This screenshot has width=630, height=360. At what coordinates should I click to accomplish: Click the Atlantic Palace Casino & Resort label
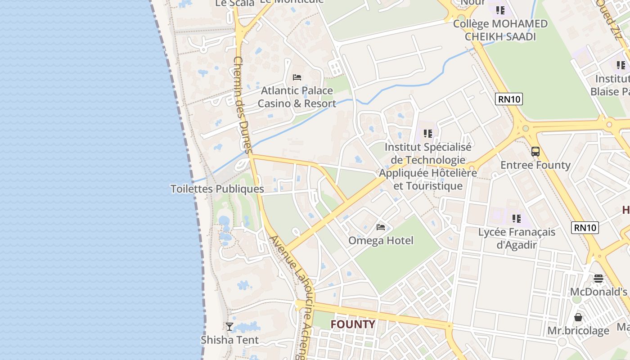pos(297,97)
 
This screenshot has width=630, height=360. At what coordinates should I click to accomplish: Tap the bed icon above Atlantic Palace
pos(297,77)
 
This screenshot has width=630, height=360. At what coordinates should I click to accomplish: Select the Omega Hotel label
pos(381,240)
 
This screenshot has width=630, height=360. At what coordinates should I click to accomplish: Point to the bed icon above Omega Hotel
pos(381,227)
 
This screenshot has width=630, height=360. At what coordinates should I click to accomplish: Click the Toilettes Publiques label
pos(217,189)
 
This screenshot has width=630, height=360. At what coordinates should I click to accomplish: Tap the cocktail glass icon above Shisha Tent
pos(229,326)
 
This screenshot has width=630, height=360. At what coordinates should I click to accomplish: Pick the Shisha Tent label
pos(230,339)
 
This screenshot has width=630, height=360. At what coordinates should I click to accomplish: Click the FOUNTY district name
pos(353,324)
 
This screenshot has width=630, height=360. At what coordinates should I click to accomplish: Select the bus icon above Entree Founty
pos(535,152)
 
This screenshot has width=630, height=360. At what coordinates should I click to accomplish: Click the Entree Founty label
pos(535,165)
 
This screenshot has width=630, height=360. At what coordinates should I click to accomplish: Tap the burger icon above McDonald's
pos(598,279)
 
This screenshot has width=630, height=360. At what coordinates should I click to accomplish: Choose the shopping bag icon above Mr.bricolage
pos(578,317)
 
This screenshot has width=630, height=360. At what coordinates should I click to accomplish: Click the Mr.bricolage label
pos(578,331)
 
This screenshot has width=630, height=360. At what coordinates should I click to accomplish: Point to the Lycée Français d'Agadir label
pos(517,238)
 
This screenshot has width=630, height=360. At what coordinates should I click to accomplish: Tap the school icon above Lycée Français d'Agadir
pos(517,219)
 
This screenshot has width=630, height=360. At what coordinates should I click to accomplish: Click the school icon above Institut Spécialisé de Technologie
pos(428,134)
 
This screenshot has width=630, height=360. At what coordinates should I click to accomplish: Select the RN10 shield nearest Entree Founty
pos(509,99)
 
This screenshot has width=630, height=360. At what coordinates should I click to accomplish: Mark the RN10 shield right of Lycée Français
pos(585,228)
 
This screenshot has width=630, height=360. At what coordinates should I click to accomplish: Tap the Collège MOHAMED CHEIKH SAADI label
pos(500,30)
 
